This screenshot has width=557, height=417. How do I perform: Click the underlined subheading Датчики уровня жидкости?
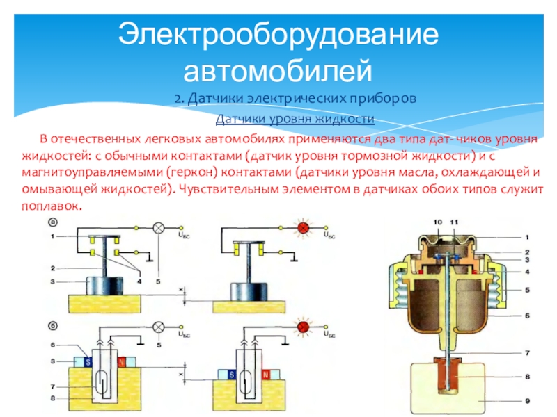[295, 120]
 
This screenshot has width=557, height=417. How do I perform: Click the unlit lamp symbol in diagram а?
[158, 227]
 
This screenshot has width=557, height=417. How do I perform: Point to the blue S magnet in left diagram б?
[88, 361]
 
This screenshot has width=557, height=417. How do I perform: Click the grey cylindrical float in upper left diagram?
[104, 285]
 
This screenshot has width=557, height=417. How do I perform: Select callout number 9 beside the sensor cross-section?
[528, 400]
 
